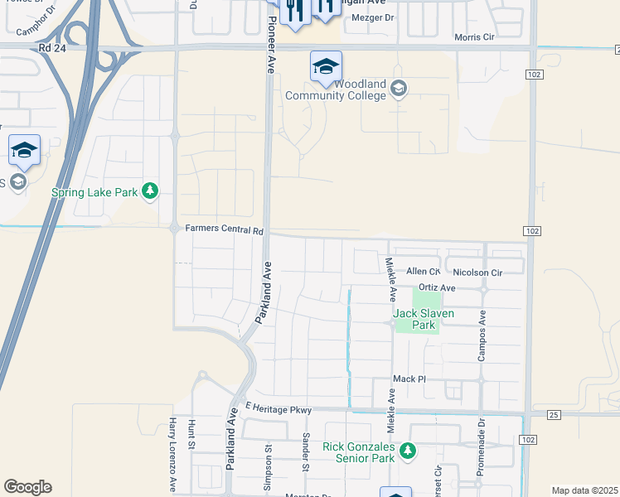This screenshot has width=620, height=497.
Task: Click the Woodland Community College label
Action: click(336, 89)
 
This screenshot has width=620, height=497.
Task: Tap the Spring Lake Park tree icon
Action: click(150, 192)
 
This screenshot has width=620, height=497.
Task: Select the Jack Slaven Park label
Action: click(414, 319)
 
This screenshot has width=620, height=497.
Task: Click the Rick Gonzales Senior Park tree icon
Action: click(407, 451)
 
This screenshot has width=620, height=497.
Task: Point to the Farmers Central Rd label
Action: click(224, 229)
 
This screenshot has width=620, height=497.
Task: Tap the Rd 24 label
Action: click(51, 49)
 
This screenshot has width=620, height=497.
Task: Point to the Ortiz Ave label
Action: click(437, 287)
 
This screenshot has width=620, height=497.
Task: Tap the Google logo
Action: click(27, 487)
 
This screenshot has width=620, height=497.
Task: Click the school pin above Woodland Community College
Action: click(326, 66)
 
